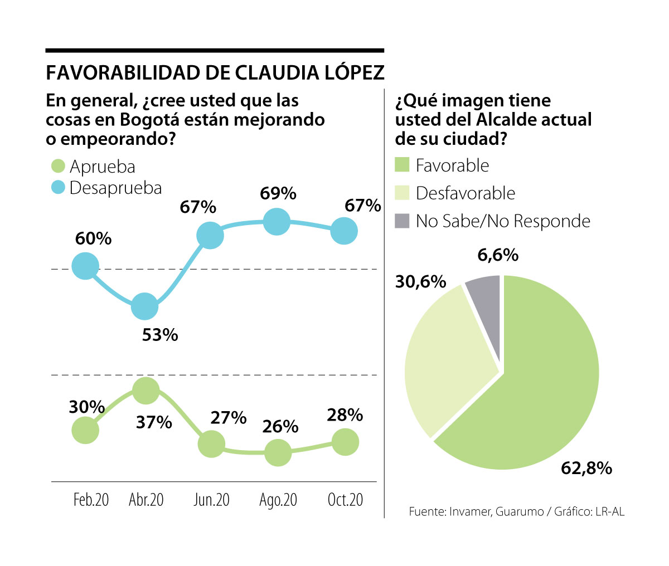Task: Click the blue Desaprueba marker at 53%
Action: (x=145, y=306)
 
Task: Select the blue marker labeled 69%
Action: (x=277, y=222)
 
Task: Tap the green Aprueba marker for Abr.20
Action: (x=146, y=391)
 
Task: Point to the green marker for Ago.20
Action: (x=278, y=452)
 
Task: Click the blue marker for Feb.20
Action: (x=85, y=265)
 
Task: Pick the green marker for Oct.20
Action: (x=345, y=442)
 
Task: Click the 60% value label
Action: (x=93, y=238)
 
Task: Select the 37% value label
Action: (x=154, y=422)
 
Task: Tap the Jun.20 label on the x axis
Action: (x=211, y=500)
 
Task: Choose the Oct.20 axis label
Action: (x=345, y=500)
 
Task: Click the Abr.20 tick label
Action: (x=146, y=500)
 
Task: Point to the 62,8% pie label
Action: (x=586, y=469)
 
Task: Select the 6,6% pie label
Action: (x=498, y=255)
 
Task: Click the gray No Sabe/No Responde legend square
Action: (x=402, y=221)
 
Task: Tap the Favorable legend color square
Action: (x=402, y=165)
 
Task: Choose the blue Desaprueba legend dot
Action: (x=58, y=188)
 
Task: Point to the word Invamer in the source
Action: (x=469, y=511)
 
